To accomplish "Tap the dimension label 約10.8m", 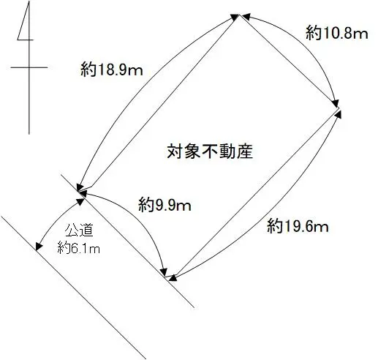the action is tap(336, 32).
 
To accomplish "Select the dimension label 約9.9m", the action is tap(165, 204).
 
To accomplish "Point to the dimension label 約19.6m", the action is tap(298, 225).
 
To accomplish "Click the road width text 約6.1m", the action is tap(79, 248).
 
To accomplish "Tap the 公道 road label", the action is tap(79, 230).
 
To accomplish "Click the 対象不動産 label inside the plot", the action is tap(210, 151).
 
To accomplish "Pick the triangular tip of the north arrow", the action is tap(29, 1).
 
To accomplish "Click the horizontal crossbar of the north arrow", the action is tap(29, 67).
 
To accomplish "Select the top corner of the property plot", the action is tap(239, 15).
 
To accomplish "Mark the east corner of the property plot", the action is tap(339, 108).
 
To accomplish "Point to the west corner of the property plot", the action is tap(78, 192).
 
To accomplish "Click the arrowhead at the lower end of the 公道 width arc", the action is tap(38, 247).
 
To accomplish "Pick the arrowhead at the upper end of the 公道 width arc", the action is tap(80, 201).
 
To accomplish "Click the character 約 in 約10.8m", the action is tap(313, 32).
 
